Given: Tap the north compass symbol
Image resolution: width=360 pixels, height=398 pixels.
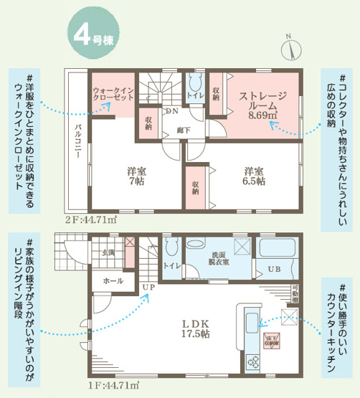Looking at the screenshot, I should pos(290,47).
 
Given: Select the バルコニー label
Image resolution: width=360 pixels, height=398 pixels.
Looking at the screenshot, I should pos(77,144).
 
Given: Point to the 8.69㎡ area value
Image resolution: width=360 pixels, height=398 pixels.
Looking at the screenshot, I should pos(262,113).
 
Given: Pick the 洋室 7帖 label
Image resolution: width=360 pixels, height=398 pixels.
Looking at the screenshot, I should pos(137,176).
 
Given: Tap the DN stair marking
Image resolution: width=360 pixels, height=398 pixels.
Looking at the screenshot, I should pos(172,111).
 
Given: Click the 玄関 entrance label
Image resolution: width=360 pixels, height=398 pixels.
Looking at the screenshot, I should pos(108,252).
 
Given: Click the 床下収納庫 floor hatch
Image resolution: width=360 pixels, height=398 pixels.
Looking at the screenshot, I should pos(271,341).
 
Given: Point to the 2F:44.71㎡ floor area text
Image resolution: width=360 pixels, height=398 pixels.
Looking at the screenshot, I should pos(91,219).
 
